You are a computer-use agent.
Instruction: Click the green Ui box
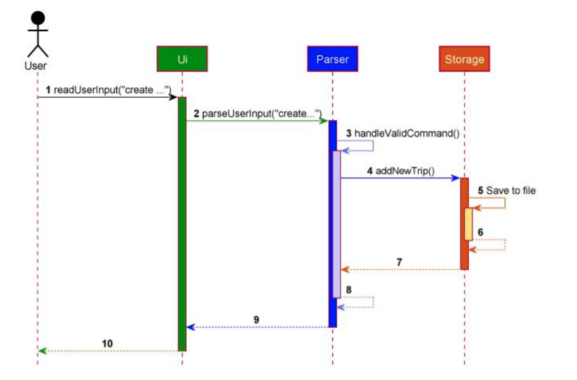182,59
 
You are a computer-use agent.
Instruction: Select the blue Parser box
332,59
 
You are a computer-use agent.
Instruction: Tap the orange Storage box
464,59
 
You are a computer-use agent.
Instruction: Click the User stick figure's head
38,19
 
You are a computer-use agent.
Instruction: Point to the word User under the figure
35,65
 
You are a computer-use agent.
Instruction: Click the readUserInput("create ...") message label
112,90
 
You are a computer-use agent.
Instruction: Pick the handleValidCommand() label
406,133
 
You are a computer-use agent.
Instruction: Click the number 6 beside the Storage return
481,231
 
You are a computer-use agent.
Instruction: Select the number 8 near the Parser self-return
349,290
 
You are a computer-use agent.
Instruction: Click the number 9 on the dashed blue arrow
256,320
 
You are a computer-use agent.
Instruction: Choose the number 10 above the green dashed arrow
108,343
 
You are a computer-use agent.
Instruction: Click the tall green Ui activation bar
182,224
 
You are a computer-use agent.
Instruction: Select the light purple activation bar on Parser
337,224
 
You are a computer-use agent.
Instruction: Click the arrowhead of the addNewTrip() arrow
456,178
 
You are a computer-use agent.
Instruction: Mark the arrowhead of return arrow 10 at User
42,351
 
